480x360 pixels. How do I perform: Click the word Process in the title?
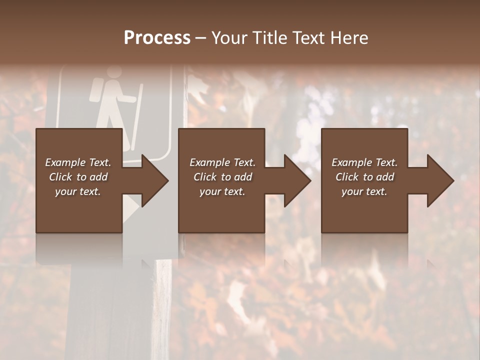pos(157,38)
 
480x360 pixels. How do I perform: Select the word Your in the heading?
pos(230,38)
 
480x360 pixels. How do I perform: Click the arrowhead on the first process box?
pos(153,180)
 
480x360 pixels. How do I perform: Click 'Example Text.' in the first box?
pos(78,162)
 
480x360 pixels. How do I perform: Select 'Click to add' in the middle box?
pos(222,177)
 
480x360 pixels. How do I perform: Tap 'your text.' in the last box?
pos(364,191)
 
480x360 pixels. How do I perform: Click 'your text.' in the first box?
pos(78,191)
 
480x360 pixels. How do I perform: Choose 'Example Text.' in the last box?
pos(364,162)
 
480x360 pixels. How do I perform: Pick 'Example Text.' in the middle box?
pos(222,162)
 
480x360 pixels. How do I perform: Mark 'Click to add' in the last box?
pos(364,177)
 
